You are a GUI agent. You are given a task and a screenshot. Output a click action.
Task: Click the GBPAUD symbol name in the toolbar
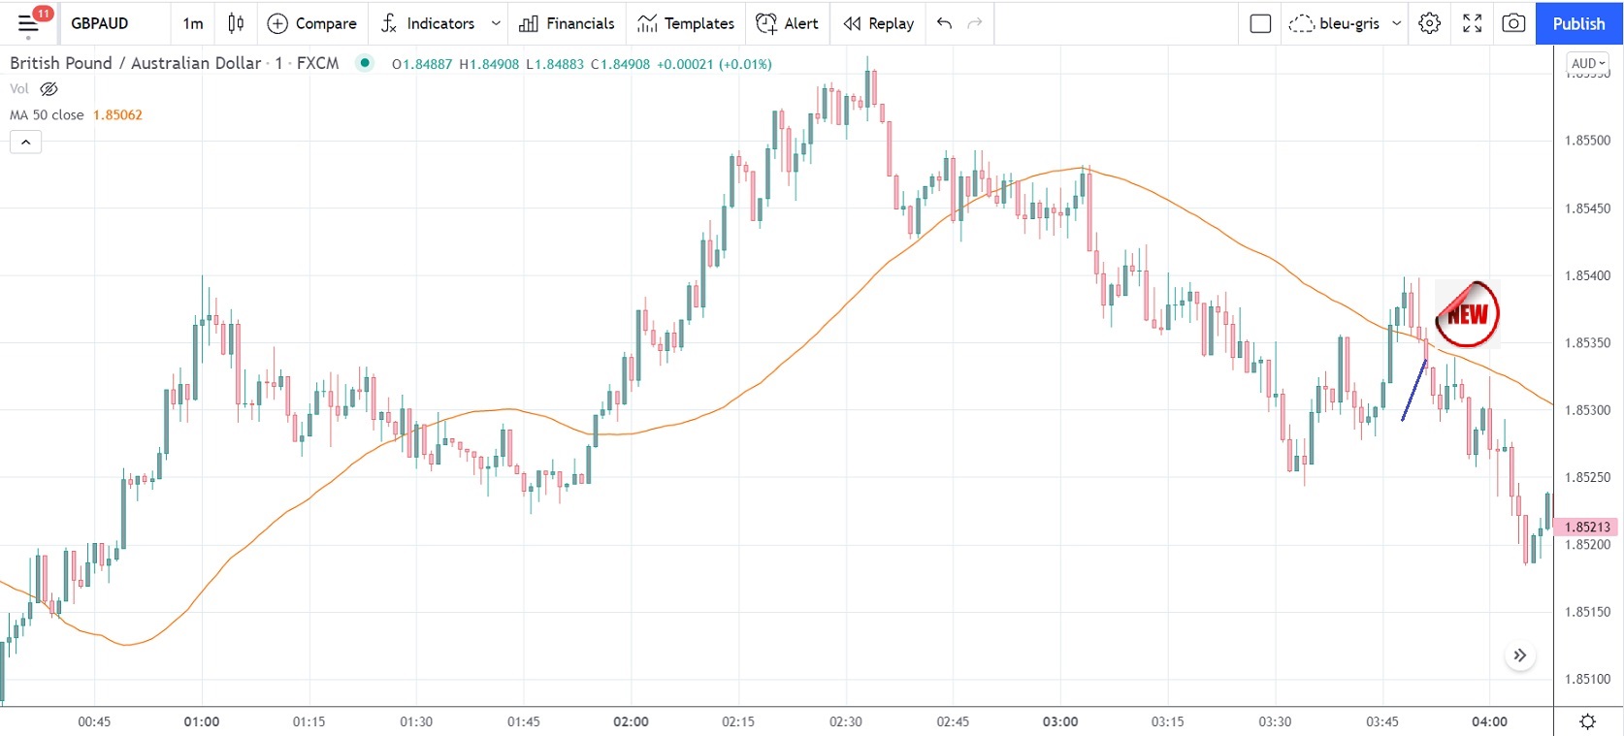(x=99, y=23)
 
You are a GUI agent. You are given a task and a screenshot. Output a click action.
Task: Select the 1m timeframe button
(x=193, y=23)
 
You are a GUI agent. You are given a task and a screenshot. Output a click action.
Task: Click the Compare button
(x=311, y=23)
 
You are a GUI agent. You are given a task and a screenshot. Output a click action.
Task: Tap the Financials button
(x=567, y=23)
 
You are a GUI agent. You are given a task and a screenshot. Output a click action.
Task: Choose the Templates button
(x=686, y=23)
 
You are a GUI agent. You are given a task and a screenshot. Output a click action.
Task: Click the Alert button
(x=788, y=23)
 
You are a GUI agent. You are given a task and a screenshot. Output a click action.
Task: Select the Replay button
(x=879, y=23)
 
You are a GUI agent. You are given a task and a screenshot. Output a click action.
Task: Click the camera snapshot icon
(x=1513, y=23)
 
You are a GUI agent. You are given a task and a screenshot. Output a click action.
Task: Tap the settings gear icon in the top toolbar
(x=1429, y=23)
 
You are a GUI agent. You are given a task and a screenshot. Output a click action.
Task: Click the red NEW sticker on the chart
(x=1467, y=313)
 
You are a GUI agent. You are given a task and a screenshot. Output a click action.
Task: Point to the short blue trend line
(x=1413, y=391)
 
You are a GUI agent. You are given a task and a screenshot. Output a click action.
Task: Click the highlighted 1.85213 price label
(x=1587, y=527)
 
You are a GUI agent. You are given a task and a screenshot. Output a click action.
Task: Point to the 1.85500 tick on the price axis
(x=1587, y=141)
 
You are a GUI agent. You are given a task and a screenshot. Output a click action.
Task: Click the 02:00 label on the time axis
(x=631, y=721)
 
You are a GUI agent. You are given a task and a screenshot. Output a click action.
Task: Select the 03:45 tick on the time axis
(x=1382, y=721)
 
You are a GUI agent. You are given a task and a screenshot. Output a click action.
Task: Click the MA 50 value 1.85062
(x=117, y=114)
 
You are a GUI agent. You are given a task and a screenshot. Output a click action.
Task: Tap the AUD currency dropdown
(x=1588, y=63)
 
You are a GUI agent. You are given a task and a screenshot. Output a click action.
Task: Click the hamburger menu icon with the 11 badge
(x=29, y=23)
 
